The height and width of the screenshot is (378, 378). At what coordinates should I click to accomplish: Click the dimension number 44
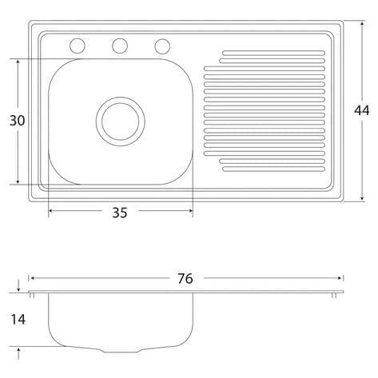tap(361, 110)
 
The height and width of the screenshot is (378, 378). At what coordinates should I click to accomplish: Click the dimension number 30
tap(17, 121)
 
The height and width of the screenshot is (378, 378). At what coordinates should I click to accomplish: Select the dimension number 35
tap(120, 213)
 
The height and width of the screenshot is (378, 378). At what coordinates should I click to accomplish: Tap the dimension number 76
tap(185, 279)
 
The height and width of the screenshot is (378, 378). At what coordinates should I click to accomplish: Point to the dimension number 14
tap(18, 319)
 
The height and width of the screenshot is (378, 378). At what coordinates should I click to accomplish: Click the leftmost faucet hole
tap(78, 46)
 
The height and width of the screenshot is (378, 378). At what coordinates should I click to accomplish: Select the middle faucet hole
tap(120, 46)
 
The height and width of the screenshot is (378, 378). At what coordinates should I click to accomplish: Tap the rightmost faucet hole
tap(162, 46)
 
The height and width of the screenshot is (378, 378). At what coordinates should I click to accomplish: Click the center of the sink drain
tap(121, 121)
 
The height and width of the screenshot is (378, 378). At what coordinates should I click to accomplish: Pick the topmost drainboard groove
tap(273, 53)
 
